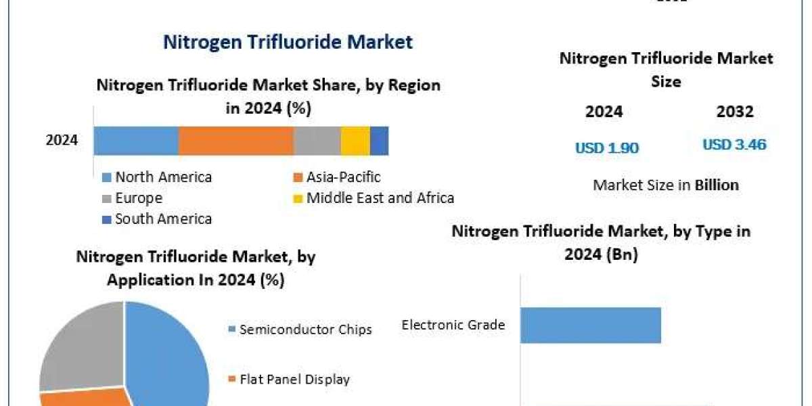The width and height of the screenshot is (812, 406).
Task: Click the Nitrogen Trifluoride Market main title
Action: [288, 42]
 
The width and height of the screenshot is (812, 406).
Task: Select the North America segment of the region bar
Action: [136, 141]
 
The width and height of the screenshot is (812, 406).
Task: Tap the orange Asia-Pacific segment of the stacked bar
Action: [235, 141]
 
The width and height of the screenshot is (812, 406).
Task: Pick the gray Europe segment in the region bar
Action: [317, 141]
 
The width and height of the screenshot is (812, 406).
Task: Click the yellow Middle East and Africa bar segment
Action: [355, 141]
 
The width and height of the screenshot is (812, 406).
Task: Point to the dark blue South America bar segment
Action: [379, 141]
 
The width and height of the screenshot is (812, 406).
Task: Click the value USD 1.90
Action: [607, 148]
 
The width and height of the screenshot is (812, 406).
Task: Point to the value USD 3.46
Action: [734, 145]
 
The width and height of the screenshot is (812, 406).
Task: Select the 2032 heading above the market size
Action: [735, 112]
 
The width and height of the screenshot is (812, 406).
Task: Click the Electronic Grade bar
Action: [590, 325]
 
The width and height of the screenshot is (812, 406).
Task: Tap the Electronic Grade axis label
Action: [453, 325]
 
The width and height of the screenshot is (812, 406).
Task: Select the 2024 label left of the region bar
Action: [62, 141]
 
